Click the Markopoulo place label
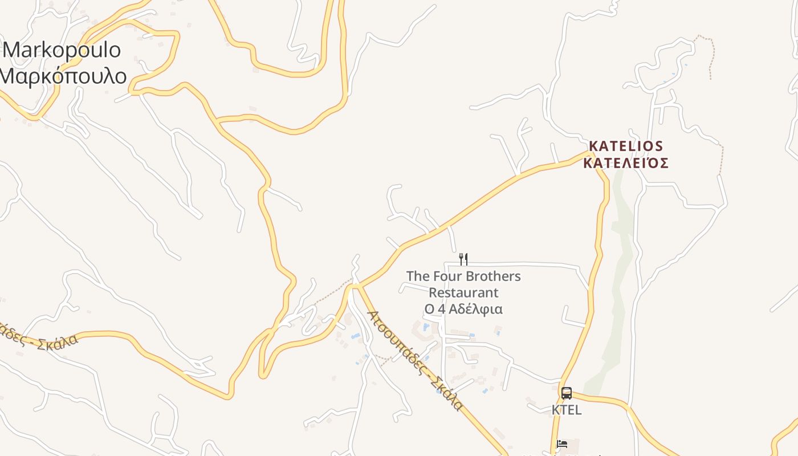click(x=62, y=50)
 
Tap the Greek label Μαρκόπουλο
click(x=63, y=76)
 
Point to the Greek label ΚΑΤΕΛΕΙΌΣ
click(x=625, y=164)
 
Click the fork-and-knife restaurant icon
click(x=463, y=259)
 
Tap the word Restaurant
click(x=463, y=293)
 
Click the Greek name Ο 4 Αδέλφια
click(x=463, y=310)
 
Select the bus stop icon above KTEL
click(x=566, y=393)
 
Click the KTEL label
click(x=567, y=410)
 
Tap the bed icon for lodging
click(x=562, y=443)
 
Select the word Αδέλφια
click(x=475, y=310)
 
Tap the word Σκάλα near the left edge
click(x=56, y=343)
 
